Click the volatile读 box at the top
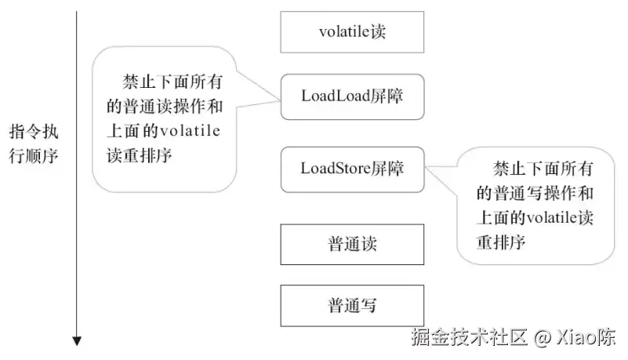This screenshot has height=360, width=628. [352, 32]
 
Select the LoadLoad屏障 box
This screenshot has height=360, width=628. [352, 96]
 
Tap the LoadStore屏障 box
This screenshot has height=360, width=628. [352, 168]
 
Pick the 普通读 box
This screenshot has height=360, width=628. [352, 243]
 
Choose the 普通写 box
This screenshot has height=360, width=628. [352, 305]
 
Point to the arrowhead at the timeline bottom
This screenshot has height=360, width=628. [76, 340]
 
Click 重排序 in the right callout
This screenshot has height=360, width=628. [499, 241]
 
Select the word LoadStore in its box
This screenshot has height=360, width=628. [335, 168]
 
